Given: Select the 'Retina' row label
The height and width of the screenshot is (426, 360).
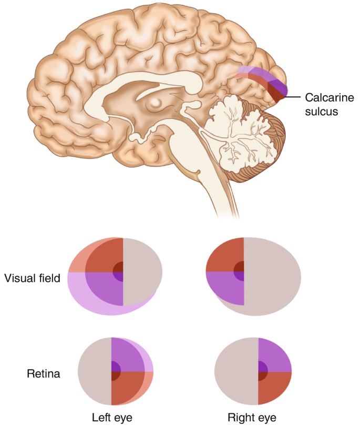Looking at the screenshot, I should [44, 374].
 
